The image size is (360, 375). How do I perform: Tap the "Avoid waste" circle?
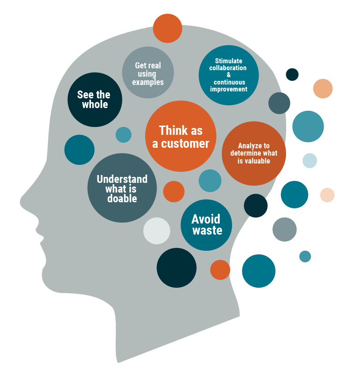point(206,225)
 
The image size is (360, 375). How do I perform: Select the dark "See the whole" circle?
point(95,100)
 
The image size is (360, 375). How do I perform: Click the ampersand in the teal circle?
point(228,75)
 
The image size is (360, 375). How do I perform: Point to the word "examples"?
point(148,82)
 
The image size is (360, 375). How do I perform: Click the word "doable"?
point(122,199)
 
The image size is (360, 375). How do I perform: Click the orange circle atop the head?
point(168,28)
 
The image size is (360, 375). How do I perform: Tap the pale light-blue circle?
point(310,160)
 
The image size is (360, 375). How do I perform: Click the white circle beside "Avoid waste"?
point(157,230)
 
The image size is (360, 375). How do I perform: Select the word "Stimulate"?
point(228,61)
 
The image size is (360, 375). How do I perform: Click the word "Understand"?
point(122,179)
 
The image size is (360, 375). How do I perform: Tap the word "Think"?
point(170,131)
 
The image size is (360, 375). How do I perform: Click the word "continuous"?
point(229,82)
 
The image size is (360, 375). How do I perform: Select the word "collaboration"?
point(228,68)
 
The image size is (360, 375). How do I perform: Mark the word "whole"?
point(95,105)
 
